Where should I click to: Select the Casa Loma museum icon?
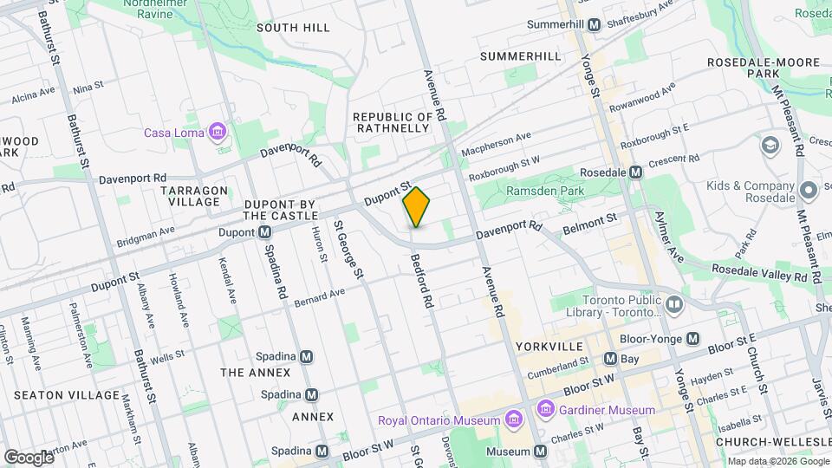pos(217,133)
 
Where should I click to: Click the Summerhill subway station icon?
pos(594,25)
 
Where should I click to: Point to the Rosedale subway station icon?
pos(636,172)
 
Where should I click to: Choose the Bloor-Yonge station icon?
pos(692,339)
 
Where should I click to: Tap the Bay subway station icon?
pos(610,358)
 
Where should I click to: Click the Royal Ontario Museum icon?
pos(513,420)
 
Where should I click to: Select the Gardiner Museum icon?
pos(545,408)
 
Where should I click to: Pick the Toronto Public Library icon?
pos(674,303)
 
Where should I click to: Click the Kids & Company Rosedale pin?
pos(809,190)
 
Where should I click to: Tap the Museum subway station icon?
pos(541,452)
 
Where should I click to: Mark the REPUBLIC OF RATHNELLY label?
pos(392,122)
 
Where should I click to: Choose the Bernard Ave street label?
pos(319,297)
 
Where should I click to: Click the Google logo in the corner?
pos(29,457)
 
